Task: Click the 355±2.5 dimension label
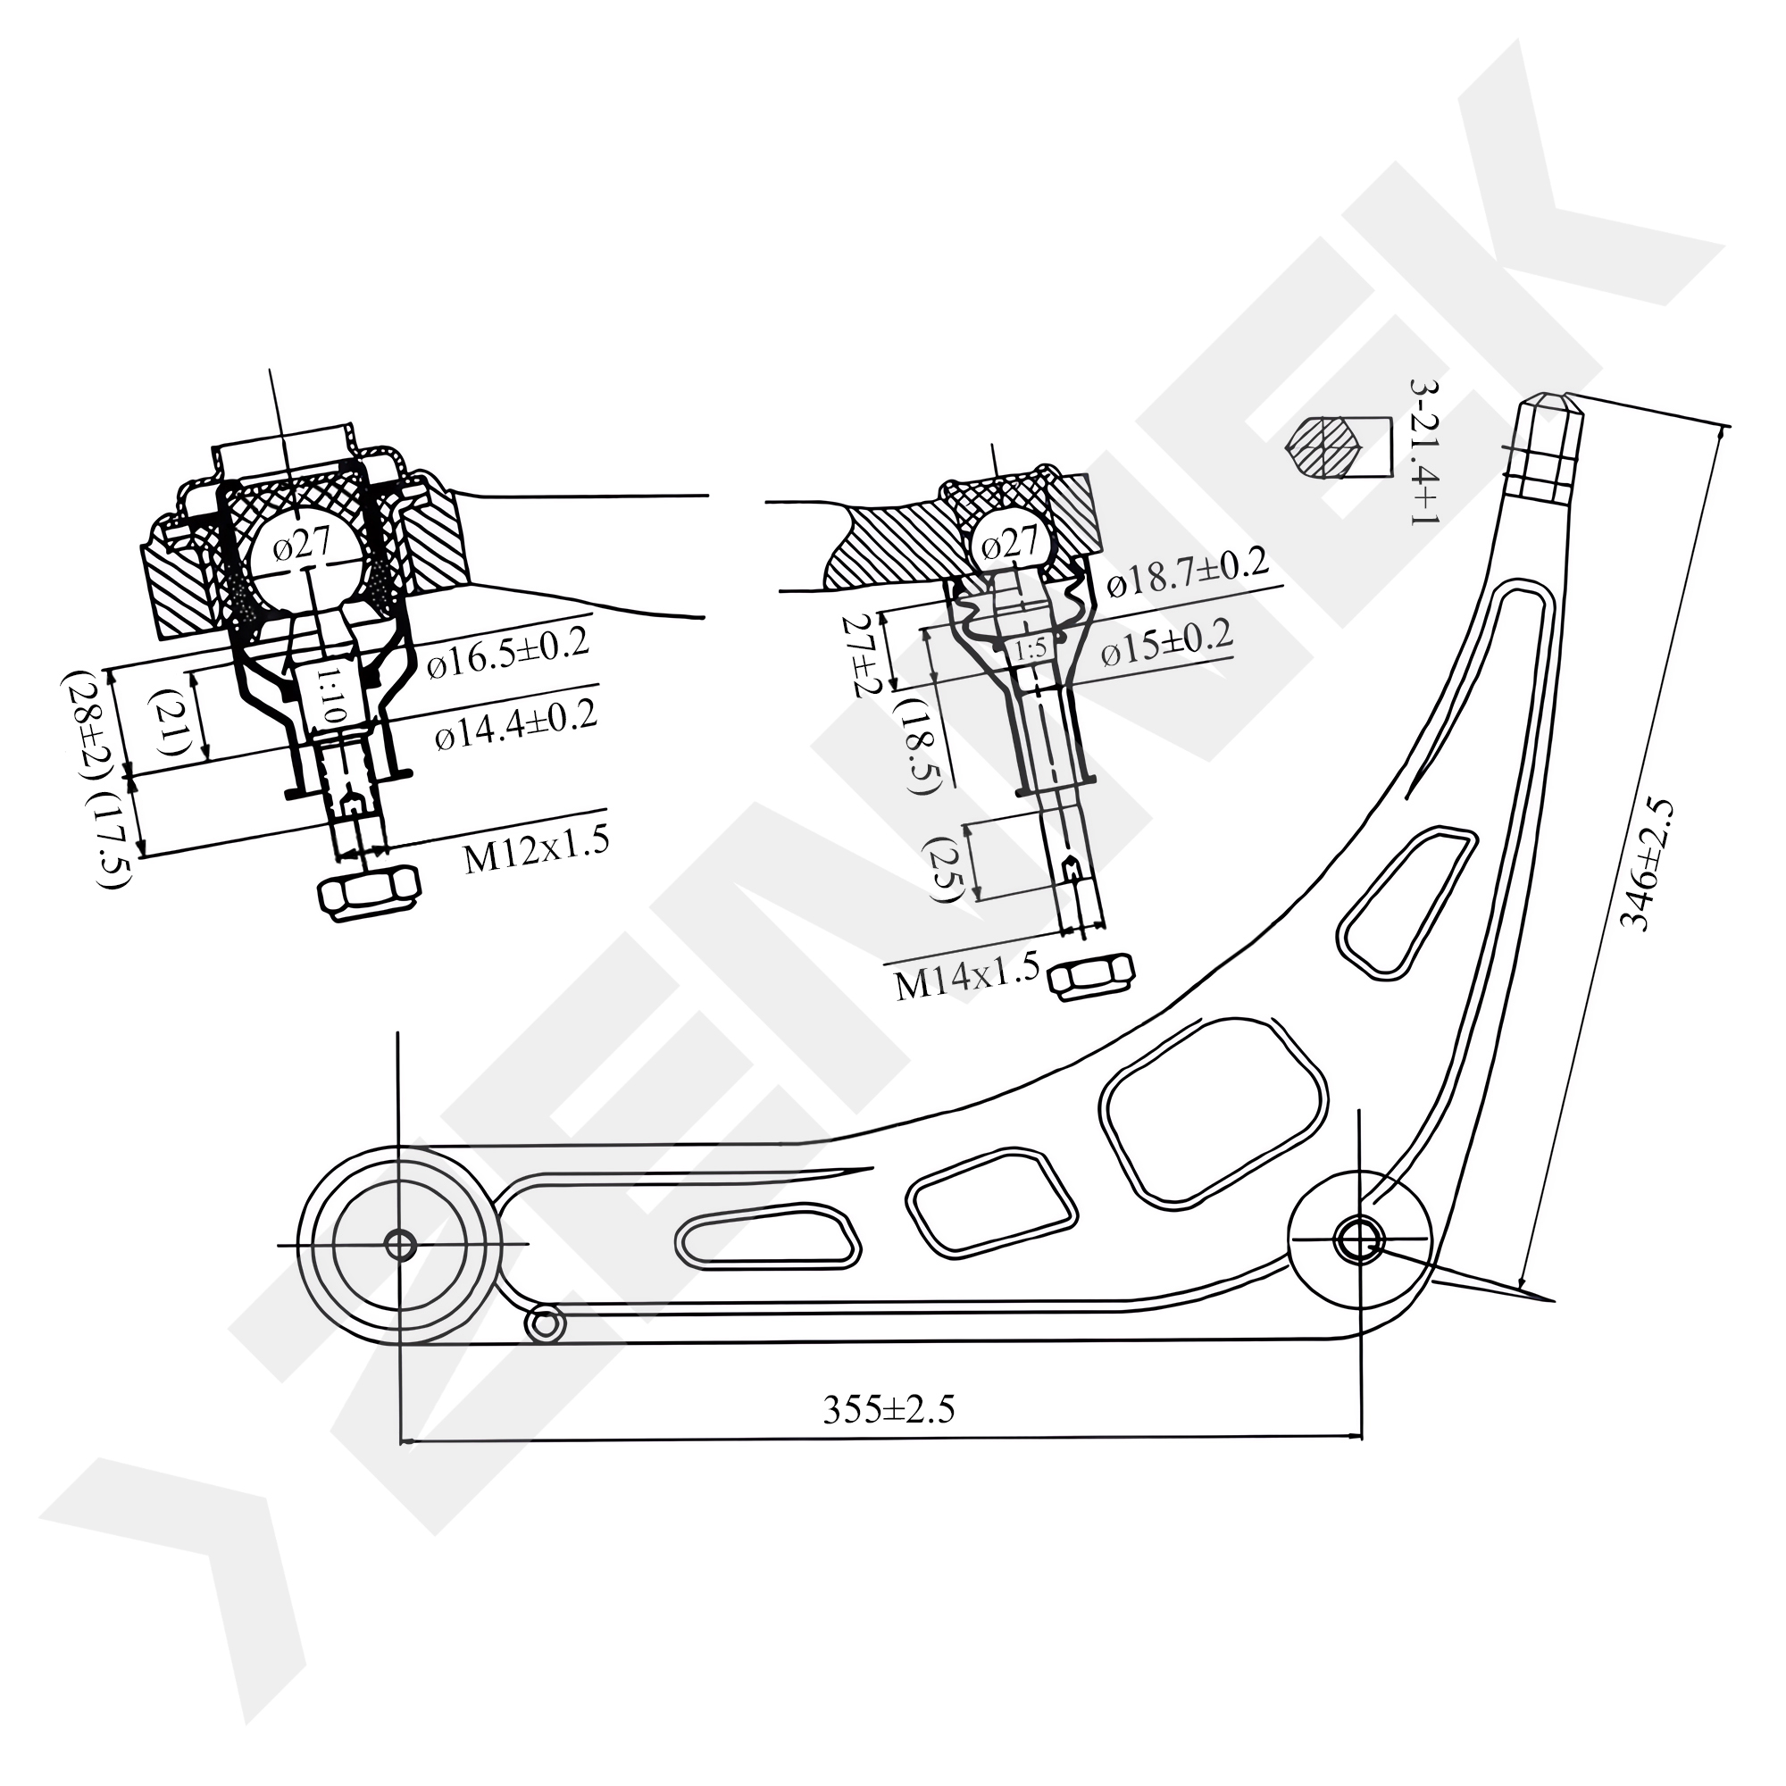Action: pyautogui.click(x=888, y=1410)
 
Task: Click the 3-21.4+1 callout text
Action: pyautogui.click(x=1423, y=452)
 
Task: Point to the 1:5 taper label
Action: pyautogui.click(x=1030, y=649)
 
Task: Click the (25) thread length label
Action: pyautogui.click(x=948, y=868)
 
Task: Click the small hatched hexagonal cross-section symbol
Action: pyautogui.click(x=1324, y=446)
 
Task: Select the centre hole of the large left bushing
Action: pyautogui.click(x=399, y=1245)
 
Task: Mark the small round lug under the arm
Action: pyautogui.click(x=545, y=1323)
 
